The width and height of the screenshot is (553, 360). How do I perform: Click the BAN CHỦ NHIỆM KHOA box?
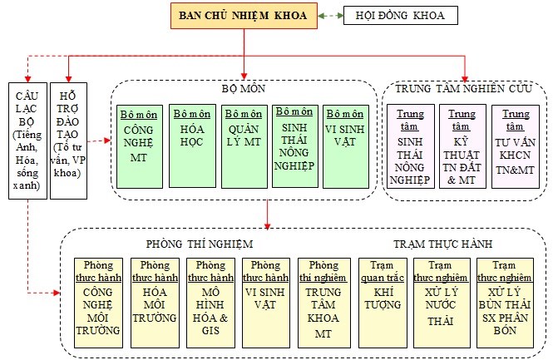244,16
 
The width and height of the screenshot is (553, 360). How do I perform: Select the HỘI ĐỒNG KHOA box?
401,16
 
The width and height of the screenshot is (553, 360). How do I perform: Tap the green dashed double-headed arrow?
331,16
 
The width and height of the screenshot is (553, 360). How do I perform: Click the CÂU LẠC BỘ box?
28,141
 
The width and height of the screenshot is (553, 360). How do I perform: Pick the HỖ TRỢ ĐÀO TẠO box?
68,141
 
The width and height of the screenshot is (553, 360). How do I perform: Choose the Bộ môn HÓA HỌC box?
192,146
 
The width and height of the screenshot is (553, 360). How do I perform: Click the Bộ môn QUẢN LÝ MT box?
244,146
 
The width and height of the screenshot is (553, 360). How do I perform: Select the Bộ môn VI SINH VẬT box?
346,146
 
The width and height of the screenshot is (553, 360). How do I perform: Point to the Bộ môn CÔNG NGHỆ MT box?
140,146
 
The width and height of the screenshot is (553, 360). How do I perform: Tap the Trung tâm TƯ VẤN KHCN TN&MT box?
516,146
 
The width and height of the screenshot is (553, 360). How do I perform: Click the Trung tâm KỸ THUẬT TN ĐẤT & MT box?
462,146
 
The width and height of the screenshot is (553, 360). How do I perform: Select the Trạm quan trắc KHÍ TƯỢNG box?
383,303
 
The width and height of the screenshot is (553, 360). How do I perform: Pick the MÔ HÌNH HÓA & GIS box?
210,303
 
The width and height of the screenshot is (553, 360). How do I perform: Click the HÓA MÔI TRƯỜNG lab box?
155,303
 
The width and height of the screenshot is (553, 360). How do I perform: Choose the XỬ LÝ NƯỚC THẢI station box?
442,303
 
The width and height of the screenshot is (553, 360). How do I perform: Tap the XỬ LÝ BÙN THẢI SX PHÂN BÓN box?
505,303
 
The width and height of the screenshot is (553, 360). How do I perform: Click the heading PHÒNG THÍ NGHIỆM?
200,244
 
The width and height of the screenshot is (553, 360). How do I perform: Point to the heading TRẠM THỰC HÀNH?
443,244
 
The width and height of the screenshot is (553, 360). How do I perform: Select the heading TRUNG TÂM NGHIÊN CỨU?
463,88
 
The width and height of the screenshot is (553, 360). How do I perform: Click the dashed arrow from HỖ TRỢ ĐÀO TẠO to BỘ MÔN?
99,141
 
